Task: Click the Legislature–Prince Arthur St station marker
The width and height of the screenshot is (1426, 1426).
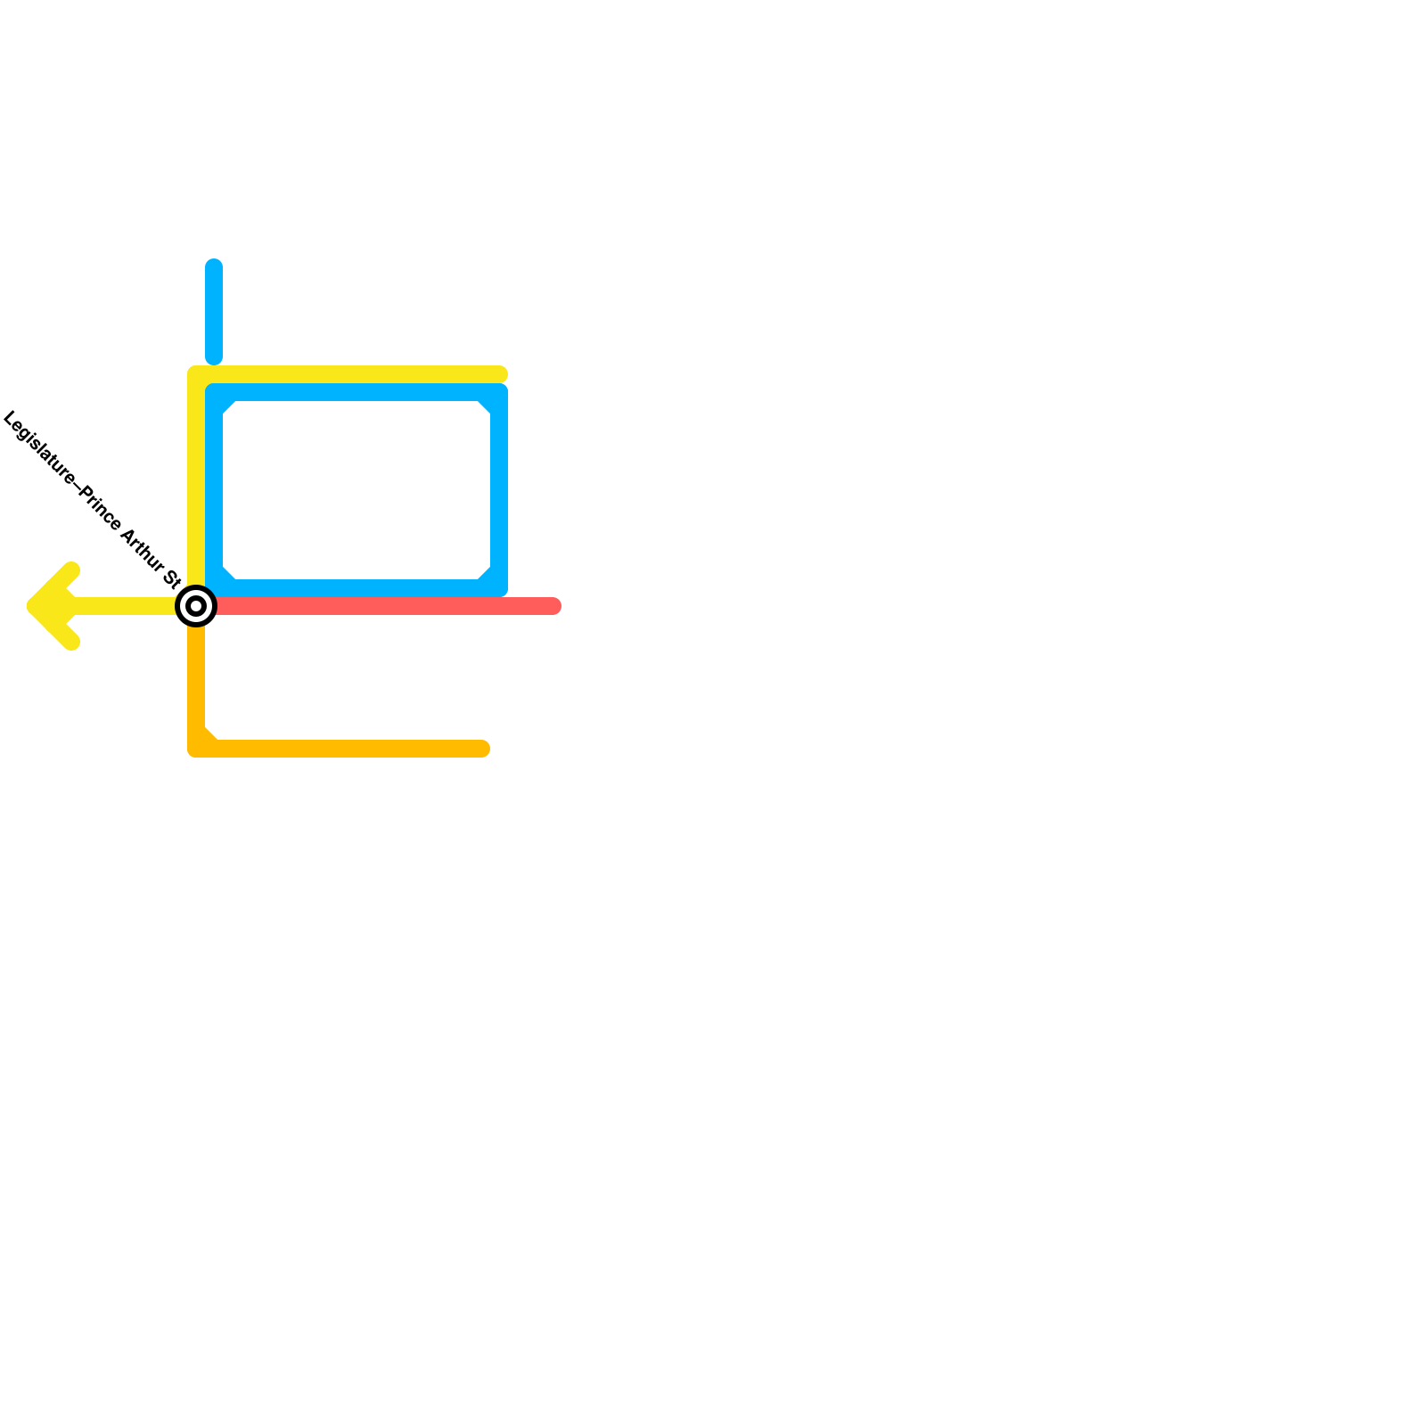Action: [196, 606]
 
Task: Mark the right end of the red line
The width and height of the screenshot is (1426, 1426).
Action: [553, 606]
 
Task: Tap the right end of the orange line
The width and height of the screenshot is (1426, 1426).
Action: [482, 749]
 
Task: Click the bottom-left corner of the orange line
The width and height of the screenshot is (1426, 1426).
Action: [196, 749]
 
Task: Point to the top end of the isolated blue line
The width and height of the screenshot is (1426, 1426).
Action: [214, 266]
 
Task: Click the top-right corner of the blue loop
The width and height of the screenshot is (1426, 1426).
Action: [499, 392]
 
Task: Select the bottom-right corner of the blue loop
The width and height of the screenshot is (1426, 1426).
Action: [499, 588]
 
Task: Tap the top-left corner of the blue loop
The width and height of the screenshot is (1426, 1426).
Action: [214, 392]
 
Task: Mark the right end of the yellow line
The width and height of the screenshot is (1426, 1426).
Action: [500, 374]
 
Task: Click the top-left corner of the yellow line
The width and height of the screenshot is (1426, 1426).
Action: [196, 374]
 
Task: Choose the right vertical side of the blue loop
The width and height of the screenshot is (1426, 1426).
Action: [499, 490]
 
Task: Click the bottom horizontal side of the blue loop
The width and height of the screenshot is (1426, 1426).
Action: [356, 588]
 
